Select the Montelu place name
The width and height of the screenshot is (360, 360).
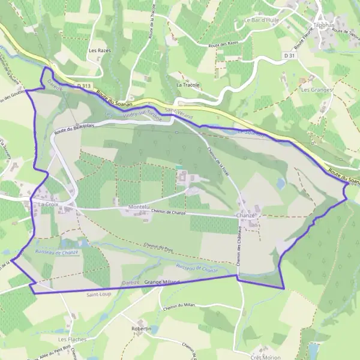click(139, 207)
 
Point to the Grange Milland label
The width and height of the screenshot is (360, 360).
click(162, 282)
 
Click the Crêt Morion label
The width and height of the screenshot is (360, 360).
click(265, 357)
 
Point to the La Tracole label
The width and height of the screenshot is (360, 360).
click(188, 85)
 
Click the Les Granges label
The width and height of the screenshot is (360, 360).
click(317, 89)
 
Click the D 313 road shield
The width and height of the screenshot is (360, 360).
click(84, 86)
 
